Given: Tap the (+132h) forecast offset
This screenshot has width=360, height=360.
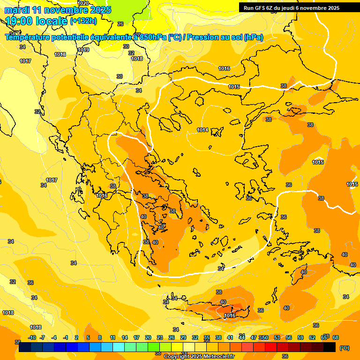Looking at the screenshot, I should [x=83, y=21].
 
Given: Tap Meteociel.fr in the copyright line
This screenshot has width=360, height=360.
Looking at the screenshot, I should [x=217, y=357].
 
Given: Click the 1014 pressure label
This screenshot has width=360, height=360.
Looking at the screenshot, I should [x=202, y=130].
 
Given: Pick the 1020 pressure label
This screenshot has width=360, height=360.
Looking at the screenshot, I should [x=82, y=3].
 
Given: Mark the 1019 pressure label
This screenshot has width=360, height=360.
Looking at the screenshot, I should [x=83, y=50].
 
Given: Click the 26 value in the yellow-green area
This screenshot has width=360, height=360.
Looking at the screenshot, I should [x=120, y=24].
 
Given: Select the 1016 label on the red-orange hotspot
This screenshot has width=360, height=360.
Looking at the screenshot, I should [x=230, y=315].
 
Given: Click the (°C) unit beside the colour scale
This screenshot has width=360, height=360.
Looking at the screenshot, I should [x=344, y=348].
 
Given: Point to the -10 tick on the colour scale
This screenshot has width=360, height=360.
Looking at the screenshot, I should [x=32, y=337].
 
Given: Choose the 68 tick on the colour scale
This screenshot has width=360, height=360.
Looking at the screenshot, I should [x=336, y=337].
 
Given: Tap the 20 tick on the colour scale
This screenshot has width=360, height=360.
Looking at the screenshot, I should [x=148, y=337].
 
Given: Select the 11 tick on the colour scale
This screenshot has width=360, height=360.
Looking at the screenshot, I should [x=113, y=337].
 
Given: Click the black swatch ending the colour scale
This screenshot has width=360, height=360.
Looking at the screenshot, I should [x=330, y=347].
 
